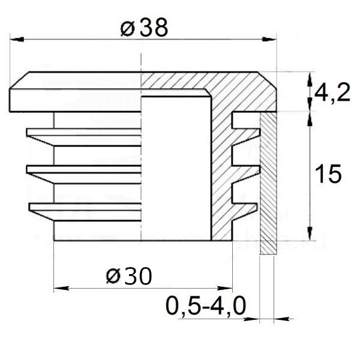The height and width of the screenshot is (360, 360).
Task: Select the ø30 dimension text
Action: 128,277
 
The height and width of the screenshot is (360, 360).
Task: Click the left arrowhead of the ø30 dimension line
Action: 59,289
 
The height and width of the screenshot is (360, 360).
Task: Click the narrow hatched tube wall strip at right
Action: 267,186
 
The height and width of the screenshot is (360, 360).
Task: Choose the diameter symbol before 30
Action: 111,277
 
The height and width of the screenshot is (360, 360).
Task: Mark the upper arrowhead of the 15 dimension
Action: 309,118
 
